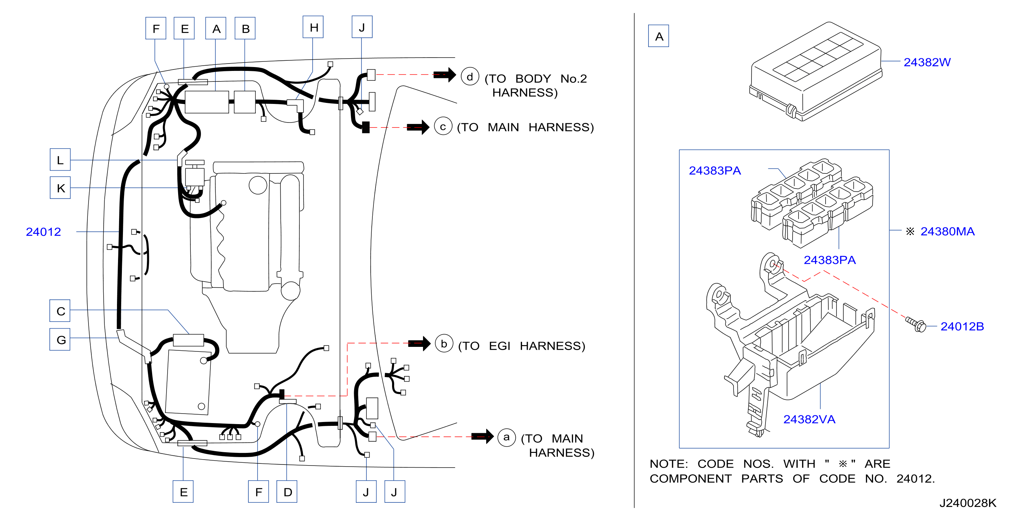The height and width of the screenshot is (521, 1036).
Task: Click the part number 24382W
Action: click(927, 62)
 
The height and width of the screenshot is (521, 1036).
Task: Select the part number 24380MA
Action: click(947, 232)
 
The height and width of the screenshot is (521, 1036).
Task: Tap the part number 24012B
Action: click(962, 327)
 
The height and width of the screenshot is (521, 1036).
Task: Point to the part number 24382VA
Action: click(809, 419)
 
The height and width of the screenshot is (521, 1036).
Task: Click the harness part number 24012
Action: click(44, 232)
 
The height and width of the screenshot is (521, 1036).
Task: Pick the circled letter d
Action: click(470, 77)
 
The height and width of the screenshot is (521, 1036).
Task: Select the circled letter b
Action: click(444, 344)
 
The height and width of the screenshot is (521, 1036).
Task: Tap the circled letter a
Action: click(506, 437)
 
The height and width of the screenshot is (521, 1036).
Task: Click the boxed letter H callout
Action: click(313, 27)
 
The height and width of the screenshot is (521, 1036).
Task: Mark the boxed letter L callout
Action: click(60, 160)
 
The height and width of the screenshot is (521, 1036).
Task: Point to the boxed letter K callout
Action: click(60, 188)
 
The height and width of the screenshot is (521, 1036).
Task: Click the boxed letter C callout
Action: click(60, 311)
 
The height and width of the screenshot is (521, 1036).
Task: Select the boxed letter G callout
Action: click(60, 339)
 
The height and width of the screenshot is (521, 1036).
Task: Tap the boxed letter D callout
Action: click(287, 491)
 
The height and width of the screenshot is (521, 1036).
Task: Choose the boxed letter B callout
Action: click(245, 28)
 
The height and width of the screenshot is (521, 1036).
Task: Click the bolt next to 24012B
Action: click(916, 324)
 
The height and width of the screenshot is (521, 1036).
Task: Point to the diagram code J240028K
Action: click(967, 503)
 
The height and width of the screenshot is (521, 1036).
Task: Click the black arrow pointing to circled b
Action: click(419, 343)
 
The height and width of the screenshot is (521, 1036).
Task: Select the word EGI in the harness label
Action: click(500, 346)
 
